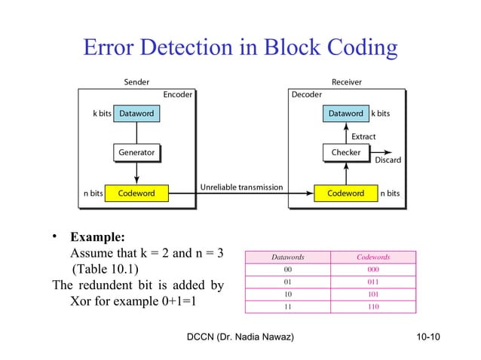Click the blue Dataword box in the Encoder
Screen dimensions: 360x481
click(x=137, y=114)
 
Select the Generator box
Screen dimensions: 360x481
click(x=136, y=152)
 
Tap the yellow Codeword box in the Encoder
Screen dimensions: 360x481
click(x=136, y=193)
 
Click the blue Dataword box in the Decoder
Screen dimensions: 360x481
click(x=345, y=114)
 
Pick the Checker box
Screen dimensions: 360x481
click(x=346, y=152)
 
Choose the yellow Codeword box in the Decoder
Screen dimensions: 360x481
click(x=345, y=193)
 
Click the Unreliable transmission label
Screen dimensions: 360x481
click(x=241, y=187)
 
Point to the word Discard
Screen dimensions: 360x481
click(x=388, y=160)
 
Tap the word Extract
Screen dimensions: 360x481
click(x=363, y=136)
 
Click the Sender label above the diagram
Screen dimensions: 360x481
click(x=136, y=81)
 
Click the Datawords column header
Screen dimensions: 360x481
click(x=287, y=258)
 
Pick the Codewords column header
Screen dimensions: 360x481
click(x=373, y=258)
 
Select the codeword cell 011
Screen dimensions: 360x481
click(x=373, y=282)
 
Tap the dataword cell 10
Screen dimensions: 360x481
click(x=287, y=294)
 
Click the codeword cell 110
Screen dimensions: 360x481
click(x=373, y=307)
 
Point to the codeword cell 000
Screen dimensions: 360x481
click(x=373, y=270)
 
